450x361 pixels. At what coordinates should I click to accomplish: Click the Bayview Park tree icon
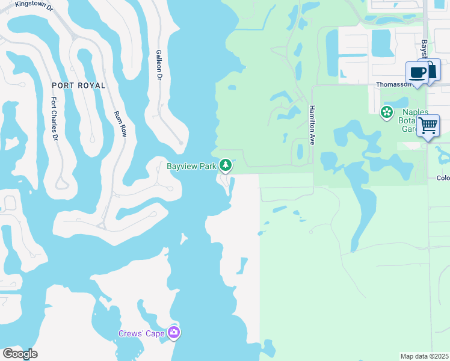coord(226,164)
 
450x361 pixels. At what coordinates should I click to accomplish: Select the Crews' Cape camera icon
coord(174,332)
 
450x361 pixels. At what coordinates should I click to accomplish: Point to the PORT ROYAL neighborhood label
coord(78,85)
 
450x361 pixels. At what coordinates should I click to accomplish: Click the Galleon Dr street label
coord(159,65)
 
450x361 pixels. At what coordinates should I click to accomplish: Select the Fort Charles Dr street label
coord(54,119)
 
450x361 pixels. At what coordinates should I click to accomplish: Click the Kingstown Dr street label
coord(35,4)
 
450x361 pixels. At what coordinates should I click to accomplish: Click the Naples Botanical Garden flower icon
coord(387,112)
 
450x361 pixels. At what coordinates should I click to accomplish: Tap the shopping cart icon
coord(428,126)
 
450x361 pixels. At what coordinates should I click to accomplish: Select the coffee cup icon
coord(417,73)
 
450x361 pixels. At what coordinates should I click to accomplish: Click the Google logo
coord(20,354)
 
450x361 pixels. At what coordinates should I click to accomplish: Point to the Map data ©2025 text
coord(424,356)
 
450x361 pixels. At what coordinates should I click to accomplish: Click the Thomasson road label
coord(393,85)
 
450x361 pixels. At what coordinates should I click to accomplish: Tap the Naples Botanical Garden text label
coord(415,120)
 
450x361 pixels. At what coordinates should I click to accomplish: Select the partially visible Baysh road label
coord(424,46)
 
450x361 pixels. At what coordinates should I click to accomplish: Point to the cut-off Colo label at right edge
coord(443,177)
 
